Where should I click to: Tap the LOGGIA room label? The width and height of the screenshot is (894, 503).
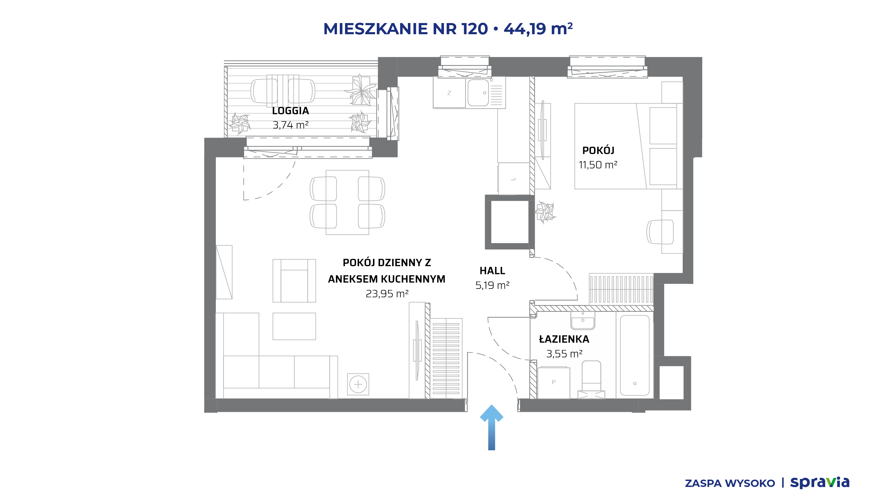291,111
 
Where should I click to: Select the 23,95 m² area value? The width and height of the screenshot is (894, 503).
387,294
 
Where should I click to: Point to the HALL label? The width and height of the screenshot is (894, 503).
492,271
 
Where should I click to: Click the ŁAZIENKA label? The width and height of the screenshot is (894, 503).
564,339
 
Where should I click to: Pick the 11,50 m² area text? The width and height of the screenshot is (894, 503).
598,165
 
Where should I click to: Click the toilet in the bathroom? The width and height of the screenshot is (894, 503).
591,379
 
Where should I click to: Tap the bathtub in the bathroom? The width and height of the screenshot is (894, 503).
635,355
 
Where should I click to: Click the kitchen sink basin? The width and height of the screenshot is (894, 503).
478,93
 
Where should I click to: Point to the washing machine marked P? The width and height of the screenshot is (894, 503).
554,382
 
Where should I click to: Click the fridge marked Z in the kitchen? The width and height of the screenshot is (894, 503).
449,93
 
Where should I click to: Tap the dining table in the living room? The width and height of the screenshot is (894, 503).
347,202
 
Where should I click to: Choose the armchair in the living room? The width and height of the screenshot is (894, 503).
294,280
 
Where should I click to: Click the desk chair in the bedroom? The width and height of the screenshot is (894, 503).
660,232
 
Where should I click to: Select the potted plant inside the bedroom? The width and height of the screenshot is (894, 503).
545,212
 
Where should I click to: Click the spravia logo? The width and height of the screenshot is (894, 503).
820,483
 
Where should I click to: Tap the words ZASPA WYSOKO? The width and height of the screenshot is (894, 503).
730,483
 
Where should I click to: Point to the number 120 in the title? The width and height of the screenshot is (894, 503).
475,29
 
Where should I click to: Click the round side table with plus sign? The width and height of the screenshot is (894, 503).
358,384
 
